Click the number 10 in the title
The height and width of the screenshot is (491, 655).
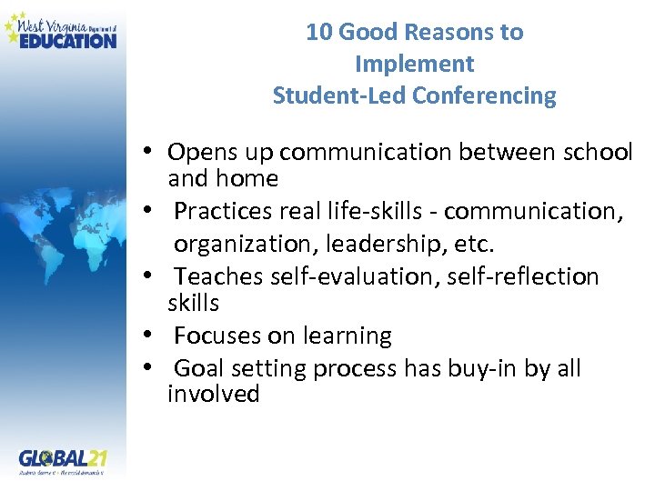(318, 32)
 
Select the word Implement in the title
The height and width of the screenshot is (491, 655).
(414, 64)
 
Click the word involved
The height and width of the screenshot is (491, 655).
(213, 394)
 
